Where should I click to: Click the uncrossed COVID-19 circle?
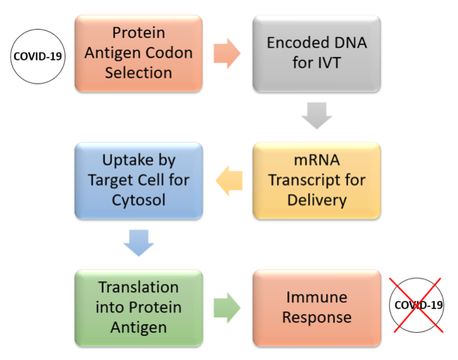[38, 56]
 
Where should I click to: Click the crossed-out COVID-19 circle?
[417, 305]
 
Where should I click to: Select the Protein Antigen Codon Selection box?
[139, 54]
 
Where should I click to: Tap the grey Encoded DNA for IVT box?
[317, 54]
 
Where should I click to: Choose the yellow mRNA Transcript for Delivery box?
[317, 181]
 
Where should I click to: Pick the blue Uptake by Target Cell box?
[139, 181]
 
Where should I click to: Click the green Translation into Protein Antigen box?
[139, 308]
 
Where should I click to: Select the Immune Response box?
[317, 308]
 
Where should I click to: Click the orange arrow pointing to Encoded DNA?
[227, 54]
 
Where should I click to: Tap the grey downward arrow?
[317, 116]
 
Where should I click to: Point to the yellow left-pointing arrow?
[229, 181]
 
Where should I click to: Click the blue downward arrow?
[139, 243]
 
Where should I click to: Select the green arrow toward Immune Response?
[227, 308]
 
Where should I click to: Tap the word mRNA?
[317, 161]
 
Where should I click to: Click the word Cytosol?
[139, 201]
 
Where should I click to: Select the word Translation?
[139, 287]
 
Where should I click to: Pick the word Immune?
[317, 298]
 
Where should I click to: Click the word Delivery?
[317, 201]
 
